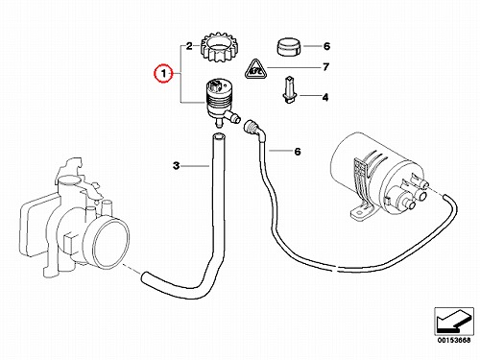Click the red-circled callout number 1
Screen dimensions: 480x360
click(x=163, y=74)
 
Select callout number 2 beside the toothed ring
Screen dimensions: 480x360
click(x=189, y=46)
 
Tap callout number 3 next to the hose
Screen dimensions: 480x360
click(x=177, y=166)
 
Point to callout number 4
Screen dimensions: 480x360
click(x=325, y=97)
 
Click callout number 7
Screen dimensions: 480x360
click(x=325, y=67)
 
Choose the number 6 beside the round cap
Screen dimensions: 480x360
click(x=326, y=46)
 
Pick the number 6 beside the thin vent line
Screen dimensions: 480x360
click(x=298, y=152)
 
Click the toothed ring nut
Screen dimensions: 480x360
click(x=216, y=47)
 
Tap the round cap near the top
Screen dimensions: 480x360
click(x=289, y=47)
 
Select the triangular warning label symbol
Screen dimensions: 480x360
click(x=255, y=69)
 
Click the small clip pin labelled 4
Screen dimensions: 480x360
click(x=289, y=90)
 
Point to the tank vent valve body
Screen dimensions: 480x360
click(x=220, y=102)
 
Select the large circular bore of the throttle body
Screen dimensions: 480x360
click(x=110, y=242)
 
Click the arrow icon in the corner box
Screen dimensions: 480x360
click(x=454, y=321)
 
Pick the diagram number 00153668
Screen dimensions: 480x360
click(x=454, y=340)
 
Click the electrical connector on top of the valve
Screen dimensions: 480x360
click(x=216, y=85)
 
